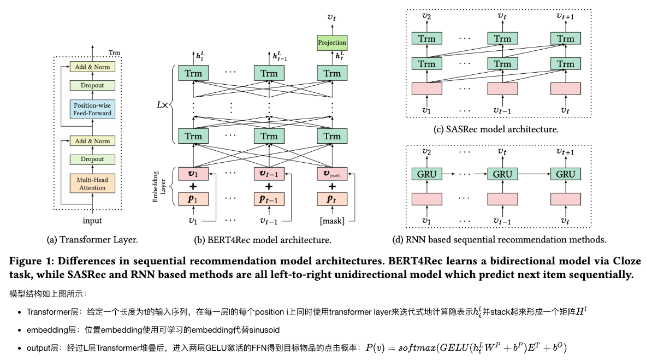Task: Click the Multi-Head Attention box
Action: coord(92,183)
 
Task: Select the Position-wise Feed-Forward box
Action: coord(92,109)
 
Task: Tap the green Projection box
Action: coord(332,43)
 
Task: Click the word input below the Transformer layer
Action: coord(92,221)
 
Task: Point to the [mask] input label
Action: coord(332,221)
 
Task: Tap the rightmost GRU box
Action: coord(566,174)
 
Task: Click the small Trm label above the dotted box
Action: coord(115,53)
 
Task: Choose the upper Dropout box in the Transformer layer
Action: coord(92,85)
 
